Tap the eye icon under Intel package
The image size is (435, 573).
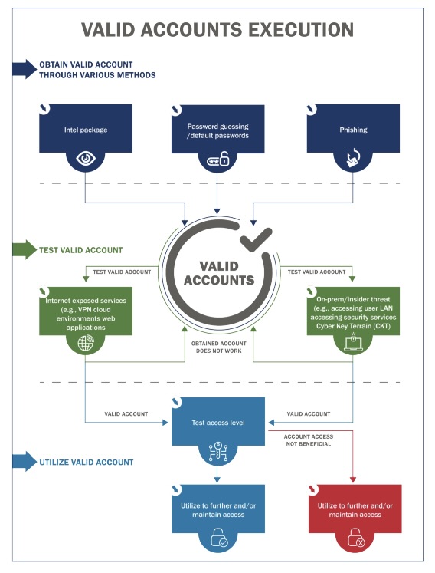pos(86,160)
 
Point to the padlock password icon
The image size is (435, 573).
pos(218,160)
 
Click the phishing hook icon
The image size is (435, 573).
pos(353,160)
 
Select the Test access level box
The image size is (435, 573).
pos(218,422)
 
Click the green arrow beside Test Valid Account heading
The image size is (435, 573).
pos(25,250)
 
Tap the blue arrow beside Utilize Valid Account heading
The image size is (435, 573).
pos(25,463)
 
